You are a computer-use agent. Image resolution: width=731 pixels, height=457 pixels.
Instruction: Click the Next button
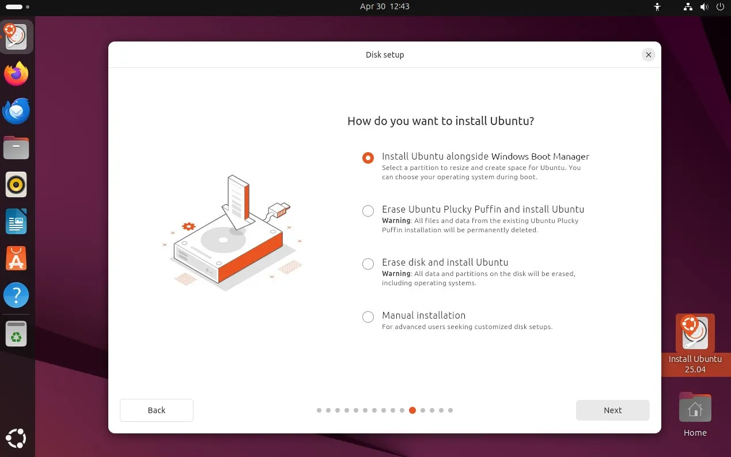612,410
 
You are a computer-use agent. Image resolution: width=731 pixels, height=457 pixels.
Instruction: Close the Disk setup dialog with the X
649,55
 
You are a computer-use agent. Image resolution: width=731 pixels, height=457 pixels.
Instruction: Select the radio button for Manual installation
368,316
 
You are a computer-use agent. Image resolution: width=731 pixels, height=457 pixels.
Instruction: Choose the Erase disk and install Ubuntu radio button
368,263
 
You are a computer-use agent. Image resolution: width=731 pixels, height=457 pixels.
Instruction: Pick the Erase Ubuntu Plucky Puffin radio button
368,210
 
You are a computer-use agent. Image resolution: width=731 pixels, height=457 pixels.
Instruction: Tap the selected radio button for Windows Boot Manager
368,158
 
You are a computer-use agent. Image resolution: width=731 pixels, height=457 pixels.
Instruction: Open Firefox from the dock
16,74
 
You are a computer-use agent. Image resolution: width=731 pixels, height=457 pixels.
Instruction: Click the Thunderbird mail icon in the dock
16,111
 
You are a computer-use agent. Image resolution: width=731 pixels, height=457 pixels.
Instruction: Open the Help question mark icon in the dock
16,295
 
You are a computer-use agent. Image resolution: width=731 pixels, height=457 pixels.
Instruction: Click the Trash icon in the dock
16,334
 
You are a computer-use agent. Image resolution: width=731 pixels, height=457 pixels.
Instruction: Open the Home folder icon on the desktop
695,407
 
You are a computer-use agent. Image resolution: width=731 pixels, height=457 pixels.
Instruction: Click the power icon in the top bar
720,6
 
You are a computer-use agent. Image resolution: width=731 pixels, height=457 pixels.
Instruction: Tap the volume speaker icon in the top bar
705,6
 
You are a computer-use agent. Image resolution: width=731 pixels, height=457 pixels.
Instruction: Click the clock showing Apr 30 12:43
384,6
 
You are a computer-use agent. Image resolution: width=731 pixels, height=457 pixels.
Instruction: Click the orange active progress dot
412,410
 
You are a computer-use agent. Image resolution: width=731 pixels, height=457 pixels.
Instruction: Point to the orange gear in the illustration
188,226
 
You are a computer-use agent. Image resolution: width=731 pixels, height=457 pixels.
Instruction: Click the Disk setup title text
385,55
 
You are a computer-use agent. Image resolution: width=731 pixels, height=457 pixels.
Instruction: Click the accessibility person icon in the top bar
657,6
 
